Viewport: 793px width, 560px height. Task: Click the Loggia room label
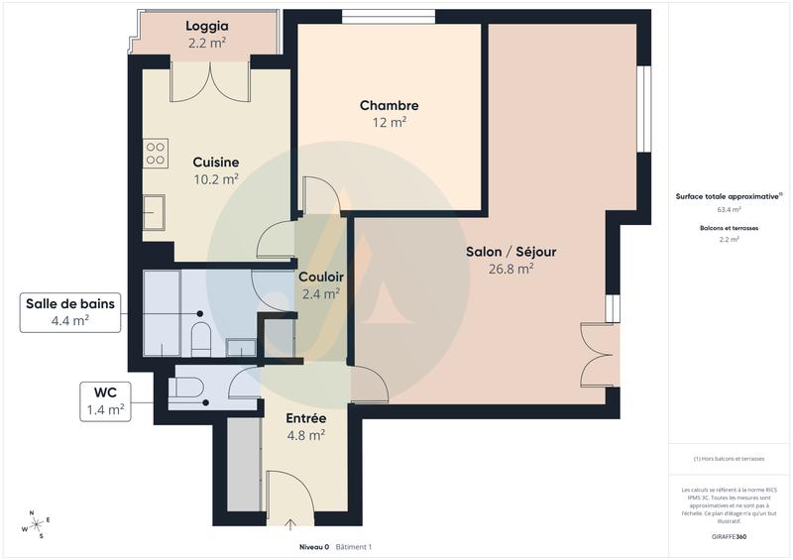coord(207,27)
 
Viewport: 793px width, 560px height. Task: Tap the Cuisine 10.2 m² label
coord(215,170)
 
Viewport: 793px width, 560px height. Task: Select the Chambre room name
coord(389,106)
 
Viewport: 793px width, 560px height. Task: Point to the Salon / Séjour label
coord(510,252)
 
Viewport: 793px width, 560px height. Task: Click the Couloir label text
coord(320,277)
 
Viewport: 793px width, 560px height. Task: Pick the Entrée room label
coord(305,418)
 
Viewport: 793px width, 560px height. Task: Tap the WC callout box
coord(105,399)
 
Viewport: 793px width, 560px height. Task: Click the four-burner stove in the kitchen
coord(156,153)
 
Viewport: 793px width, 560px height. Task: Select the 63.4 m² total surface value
coord(729,210)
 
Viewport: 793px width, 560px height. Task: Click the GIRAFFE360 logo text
coord(729,536)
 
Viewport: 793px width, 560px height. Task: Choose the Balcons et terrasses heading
coord(729,228)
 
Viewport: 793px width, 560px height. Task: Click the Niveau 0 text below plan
coord(313,547)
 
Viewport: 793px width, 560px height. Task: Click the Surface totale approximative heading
coord(729,196)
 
